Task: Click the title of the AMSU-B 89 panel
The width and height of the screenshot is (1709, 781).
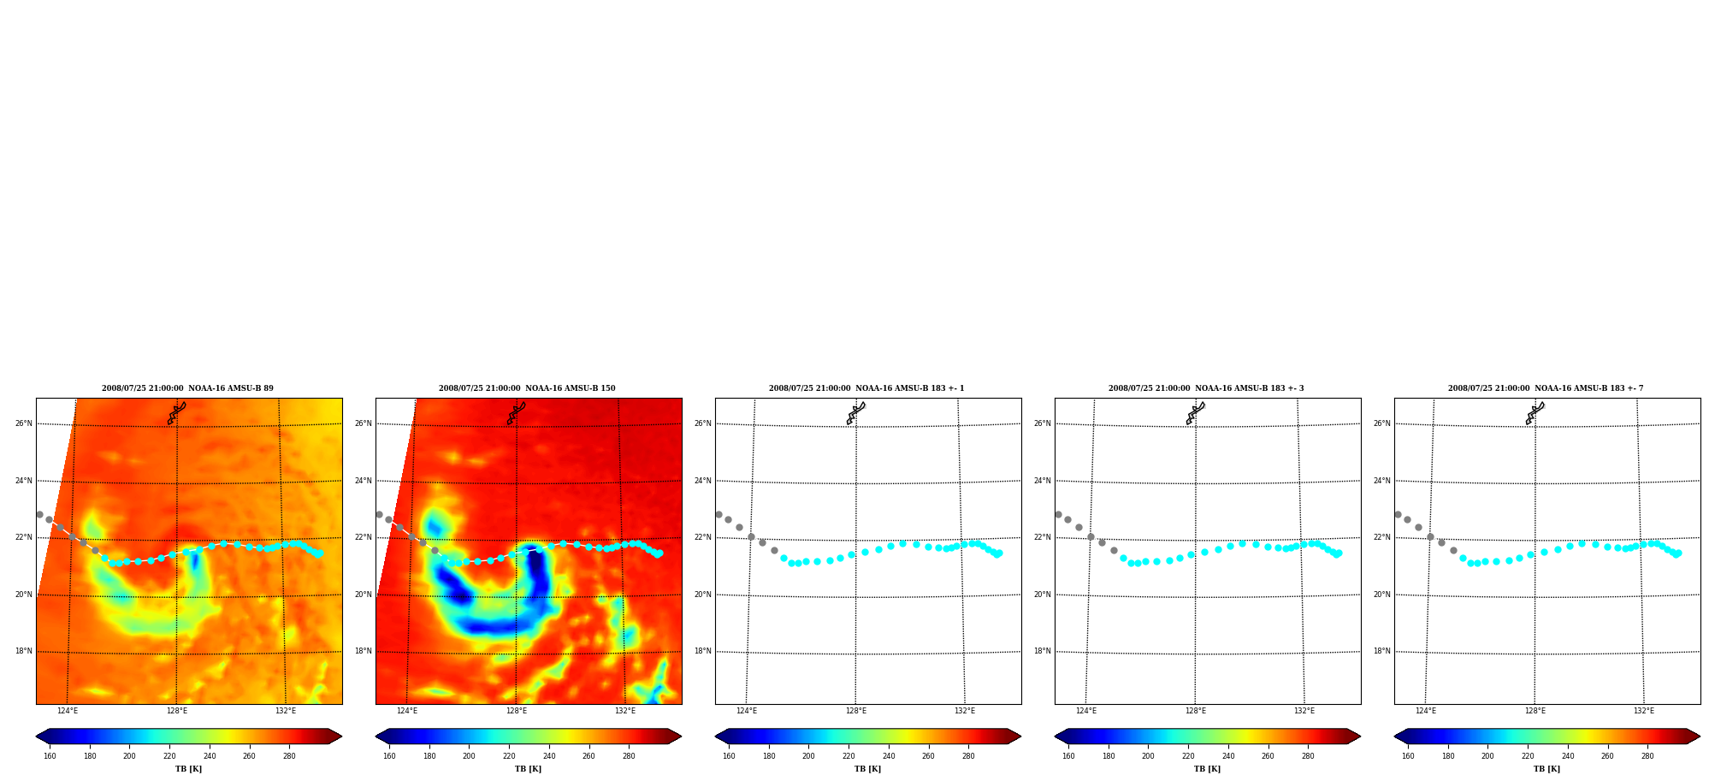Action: (187, 388)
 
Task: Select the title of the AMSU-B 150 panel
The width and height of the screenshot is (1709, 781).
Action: (527, 388)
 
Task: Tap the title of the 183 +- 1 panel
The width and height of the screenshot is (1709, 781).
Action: (866, 388)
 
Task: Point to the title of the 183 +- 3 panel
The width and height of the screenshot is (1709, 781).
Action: (1206, 388)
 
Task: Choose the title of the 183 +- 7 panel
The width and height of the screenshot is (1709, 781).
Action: (1546, 388)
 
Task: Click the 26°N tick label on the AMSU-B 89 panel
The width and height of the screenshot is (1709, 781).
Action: (23, 423)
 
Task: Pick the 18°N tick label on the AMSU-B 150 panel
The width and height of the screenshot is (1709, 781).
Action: (363, 651)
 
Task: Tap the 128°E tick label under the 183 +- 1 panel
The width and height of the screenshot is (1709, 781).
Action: (856, 711)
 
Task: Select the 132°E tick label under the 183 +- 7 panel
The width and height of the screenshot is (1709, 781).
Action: (1644, 711)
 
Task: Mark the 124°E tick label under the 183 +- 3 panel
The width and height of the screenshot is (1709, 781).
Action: (1086, 711)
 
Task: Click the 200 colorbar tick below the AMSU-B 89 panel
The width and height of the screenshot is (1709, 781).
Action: (129, 756)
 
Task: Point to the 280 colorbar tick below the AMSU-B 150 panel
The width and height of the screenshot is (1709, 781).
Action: (629, 756)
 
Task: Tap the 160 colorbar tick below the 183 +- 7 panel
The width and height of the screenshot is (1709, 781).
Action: (1408, 756)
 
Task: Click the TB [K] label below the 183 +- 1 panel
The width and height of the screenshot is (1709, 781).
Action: (867, 769)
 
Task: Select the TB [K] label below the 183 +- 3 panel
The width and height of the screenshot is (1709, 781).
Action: (1207, 769)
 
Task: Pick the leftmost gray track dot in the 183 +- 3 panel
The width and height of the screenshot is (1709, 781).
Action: (1058, 514)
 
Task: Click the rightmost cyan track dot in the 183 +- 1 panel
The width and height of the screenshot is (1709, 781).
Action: (999, 553)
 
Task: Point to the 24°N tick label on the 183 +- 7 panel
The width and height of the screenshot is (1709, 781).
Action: (1381, 481)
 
